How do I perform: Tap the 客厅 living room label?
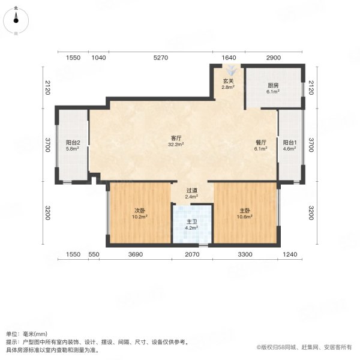tap(176, 137)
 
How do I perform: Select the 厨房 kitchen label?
tap(273, 85)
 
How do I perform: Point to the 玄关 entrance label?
tap(229, 81)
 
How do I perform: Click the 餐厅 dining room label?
tap(260, 142)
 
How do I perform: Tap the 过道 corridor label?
tap(191, 190)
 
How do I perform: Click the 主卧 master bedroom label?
tap(245, 210)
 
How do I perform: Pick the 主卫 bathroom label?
tap(192, 221)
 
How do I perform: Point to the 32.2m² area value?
tap(176, 145)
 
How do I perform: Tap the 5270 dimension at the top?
tap(161, 58)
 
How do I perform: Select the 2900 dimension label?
tap(273, 58)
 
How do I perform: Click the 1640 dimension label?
tap(229, 58)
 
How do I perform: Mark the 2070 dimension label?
tap(192, 255)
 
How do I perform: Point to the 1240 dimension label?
tap(291, 255)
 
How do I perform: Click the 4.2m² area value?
tap(192, 228)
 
